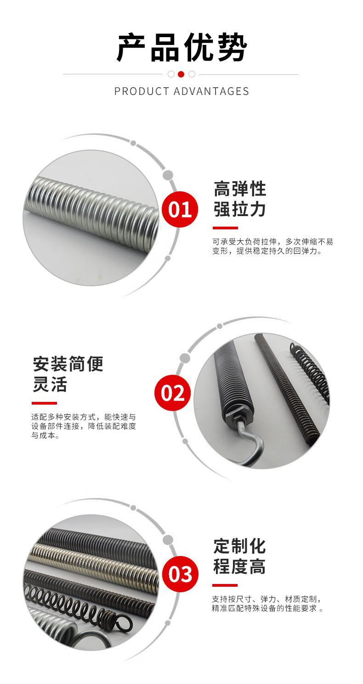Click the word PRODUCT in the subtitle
point(142,91)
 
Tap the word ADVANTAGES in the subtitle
point(211,91)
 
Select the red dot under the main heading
point(181,74)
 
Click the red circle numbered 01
point(180,209)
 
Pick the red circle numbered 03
point(180,574)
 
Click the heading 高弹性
point(240,189)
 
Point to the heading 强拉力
point(240,209)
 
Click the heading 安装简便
point(68,364)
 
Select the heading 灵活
point(50,384)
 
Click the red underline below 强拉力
point(225,228)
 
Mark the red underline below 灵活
point(45,403)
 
